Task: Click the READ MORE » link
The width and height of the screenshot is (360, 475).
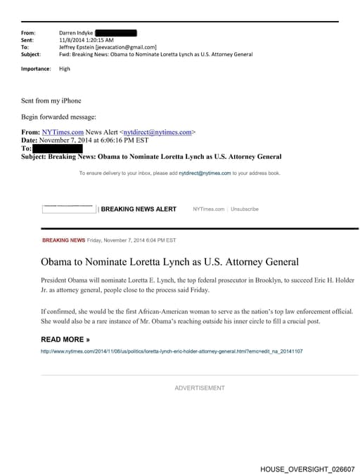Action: pyautogui.click(x=65, y=339)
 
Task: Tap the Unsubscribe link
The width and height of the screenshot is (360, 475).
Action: pyautogui.click(x=245, y=209)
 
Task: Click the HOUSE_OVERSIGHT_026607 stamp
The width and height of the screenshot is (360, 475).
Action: pyautogui.click(x=307, y=469)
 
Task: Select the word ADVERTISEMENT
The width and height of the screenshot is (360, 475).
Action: pyautogui.click(x=200, y=388)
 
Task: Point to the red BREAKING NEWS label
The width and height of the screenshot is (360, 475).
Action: pyautogui.click(x=63, y=240)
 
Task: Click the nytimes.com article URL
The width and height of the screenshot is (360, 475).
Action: pyautogui.click(x=172, y=351)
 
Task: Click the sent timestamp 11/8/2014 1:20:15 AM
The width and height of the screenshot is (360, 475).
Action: pyautogui.click(x=86, y=40)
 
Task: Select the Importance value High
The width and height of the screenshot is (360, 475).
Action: pyautogui.click(x=65, y=69)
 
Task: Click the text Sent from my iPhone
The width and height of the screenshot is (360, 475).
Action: pyautogui.click(x=51, y=100)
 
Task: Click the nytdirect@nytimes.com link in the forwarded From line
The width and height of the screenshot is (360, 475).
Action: pyautogui.click(x=157, y=132)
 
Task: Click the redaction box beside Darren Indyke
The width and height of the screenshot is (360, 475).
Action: pyautogui.click(x=115, y=33)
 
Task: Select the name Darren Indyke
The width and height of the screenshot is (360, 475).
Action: pyautogui.click(x=75, y=33)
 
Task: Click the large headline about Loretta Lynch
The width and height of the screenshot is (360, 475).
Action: pyautogui.click(x=169, y=262)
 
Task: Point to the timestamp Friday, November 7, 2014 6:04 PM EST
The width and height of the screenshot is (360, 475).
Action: pyautogui.click(x=131, y=240)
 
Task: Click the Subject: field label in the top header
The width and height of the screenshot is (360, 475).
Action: pyautogui.click(x=31, y=54)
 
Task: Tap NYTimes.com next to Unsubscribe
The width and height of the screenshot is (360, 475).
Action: pyautogui.click(x=208, y=209)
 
